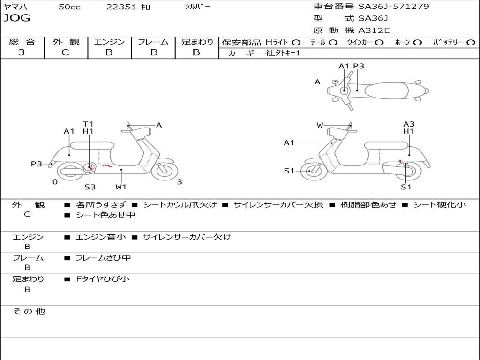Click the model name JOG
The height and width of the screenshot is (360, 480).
coord(17,18)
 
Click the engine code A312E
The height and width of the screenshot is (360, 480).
coord(373,30)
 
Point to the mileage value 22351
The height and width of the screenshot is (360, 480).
coord(121,7)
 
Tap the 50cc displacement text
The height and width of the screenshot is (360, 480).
coord(69,7)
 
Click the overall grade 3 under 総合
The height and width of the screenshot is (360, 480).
coord(22,52)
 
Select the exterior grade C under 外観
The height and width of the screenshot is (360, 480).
coord(65,52)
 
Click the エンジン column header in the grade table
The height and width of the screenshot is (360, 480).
coord(109,42)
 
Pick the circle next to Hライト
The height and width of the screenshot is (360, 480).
coord(296,42)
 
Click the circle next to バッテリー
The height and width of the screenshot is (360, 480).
coord(471,42)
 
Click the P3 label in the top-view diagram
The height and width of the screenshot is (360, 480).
coord(359,66)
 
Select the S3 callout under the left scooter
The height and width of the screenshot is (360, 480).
coord(90,187)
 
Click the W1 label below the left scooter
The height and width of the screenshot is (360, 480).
coord(121,187)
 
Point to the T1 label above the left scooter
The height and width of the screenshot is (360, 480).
coord(88,124)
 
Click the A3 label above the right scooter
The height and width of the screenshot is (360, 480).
coord(409,124)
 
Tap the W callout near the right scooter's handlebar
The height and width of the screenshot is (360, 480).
coord(320,125)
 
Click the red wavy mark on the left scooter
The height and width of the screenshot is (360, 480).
coord(107,165)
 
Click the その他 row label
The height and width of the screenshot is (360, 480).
coord(29,311)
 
